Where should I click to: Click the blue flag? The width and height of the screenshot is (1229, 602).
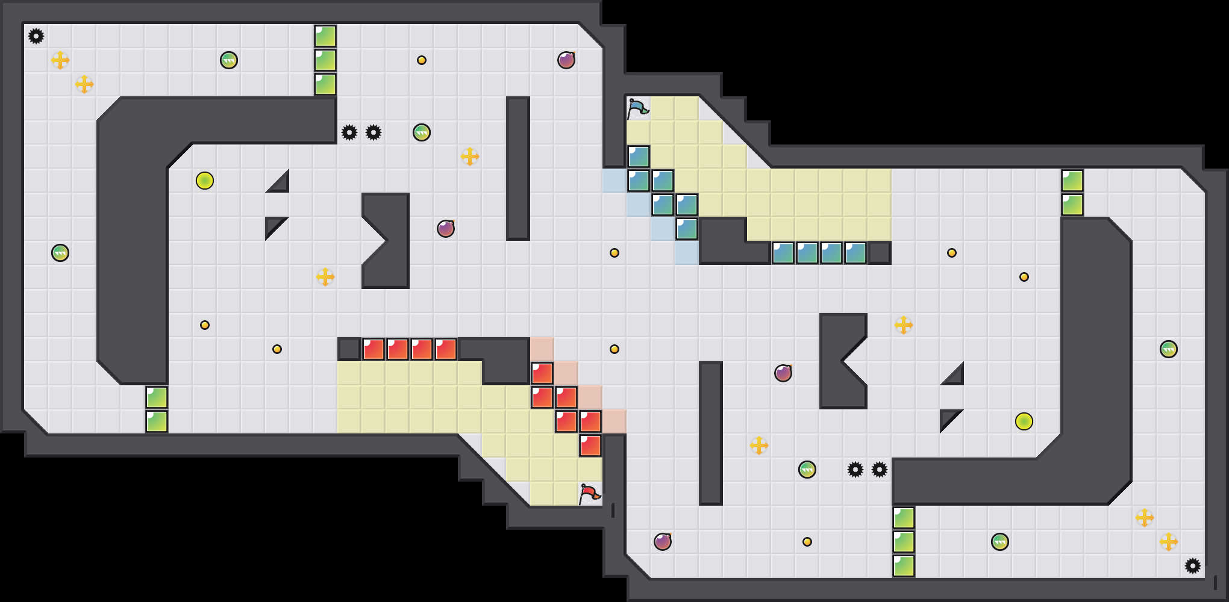[637, 108]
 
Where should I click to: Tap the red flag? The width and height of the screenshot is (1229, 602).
[589, 494]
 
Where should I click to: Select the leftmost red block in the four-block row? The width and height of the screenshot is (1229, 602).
[374, 349]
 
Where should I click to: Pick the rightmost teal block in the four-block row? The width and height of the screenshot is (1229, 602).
[855, 253]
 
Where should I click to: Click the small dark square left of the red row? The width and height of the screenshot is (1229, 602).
[349, 349]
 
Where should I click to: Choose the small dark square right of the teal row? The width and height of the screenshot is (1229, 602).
[880, 253]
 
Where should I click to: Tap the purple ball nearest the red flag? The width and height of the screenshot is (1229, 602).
[663, 542]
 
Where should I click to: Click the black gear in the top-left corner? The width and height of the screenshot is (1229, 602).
[36, 36]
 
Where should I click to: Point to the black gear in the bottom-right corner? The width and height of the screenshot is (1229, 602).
[1193, 566]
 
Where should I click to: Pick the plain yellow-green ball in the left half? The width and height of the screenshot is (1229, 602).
[205, 181]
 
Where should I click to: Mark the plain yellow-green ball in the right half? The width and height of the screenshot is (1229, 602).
[1024, 421]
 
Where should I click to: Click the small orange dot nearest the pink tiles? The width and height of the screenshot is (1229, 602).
[614, 349]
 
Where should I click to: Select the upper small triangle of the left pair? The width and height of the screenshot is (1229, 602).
[280, 183]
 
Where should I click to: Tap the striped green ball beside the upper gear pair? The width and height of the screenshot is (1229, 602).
[422, 132]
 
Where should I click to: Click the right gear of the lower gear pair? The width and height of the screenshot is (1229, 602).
[880, 470]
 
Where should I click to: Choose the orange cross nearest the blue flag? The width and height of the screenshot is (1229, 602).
[470, 157]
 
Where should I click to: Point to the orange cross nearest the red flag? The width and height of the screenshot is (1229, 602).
[759, 445]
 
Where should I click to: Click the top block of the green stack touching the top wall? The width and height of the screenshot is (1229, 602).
[325, 36]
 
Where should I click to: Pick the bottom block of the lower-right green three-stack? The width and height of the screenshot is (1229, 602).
[904, 566]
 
